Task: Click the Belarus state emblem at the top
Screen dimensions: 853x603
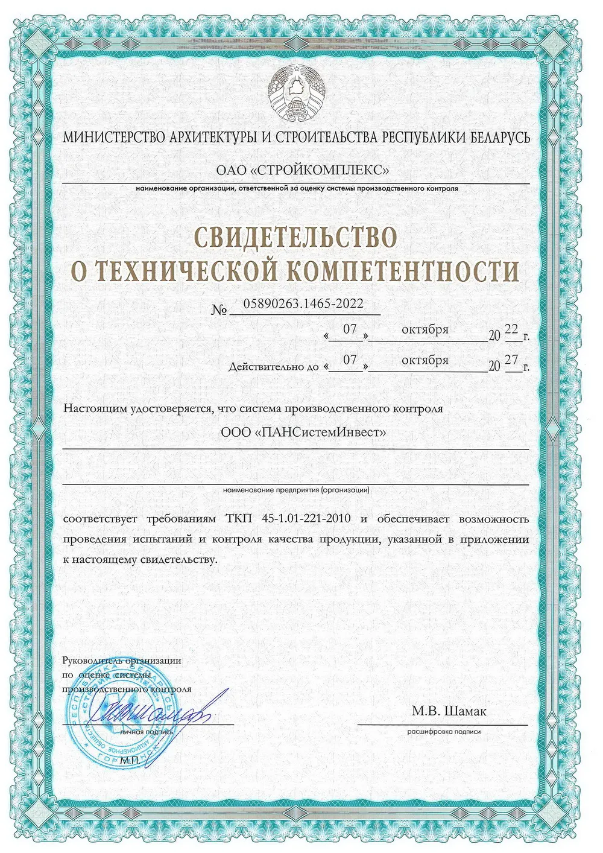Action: (295, 95)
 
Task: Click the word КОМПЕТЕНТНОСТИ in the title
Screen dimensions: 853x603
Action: (402, 271)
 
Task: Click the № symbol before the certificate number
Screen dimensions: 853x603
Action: (219, 310)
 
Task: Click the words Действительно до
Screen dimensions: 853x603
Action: (273, 367)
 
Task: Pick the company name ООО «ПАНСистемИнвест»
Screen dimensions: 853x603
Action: (295, 433)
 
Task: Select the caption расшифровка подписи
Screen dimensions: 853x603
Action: (444, 732)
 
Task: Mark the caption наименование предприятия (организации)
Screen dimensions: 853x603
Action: (295, 490)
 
